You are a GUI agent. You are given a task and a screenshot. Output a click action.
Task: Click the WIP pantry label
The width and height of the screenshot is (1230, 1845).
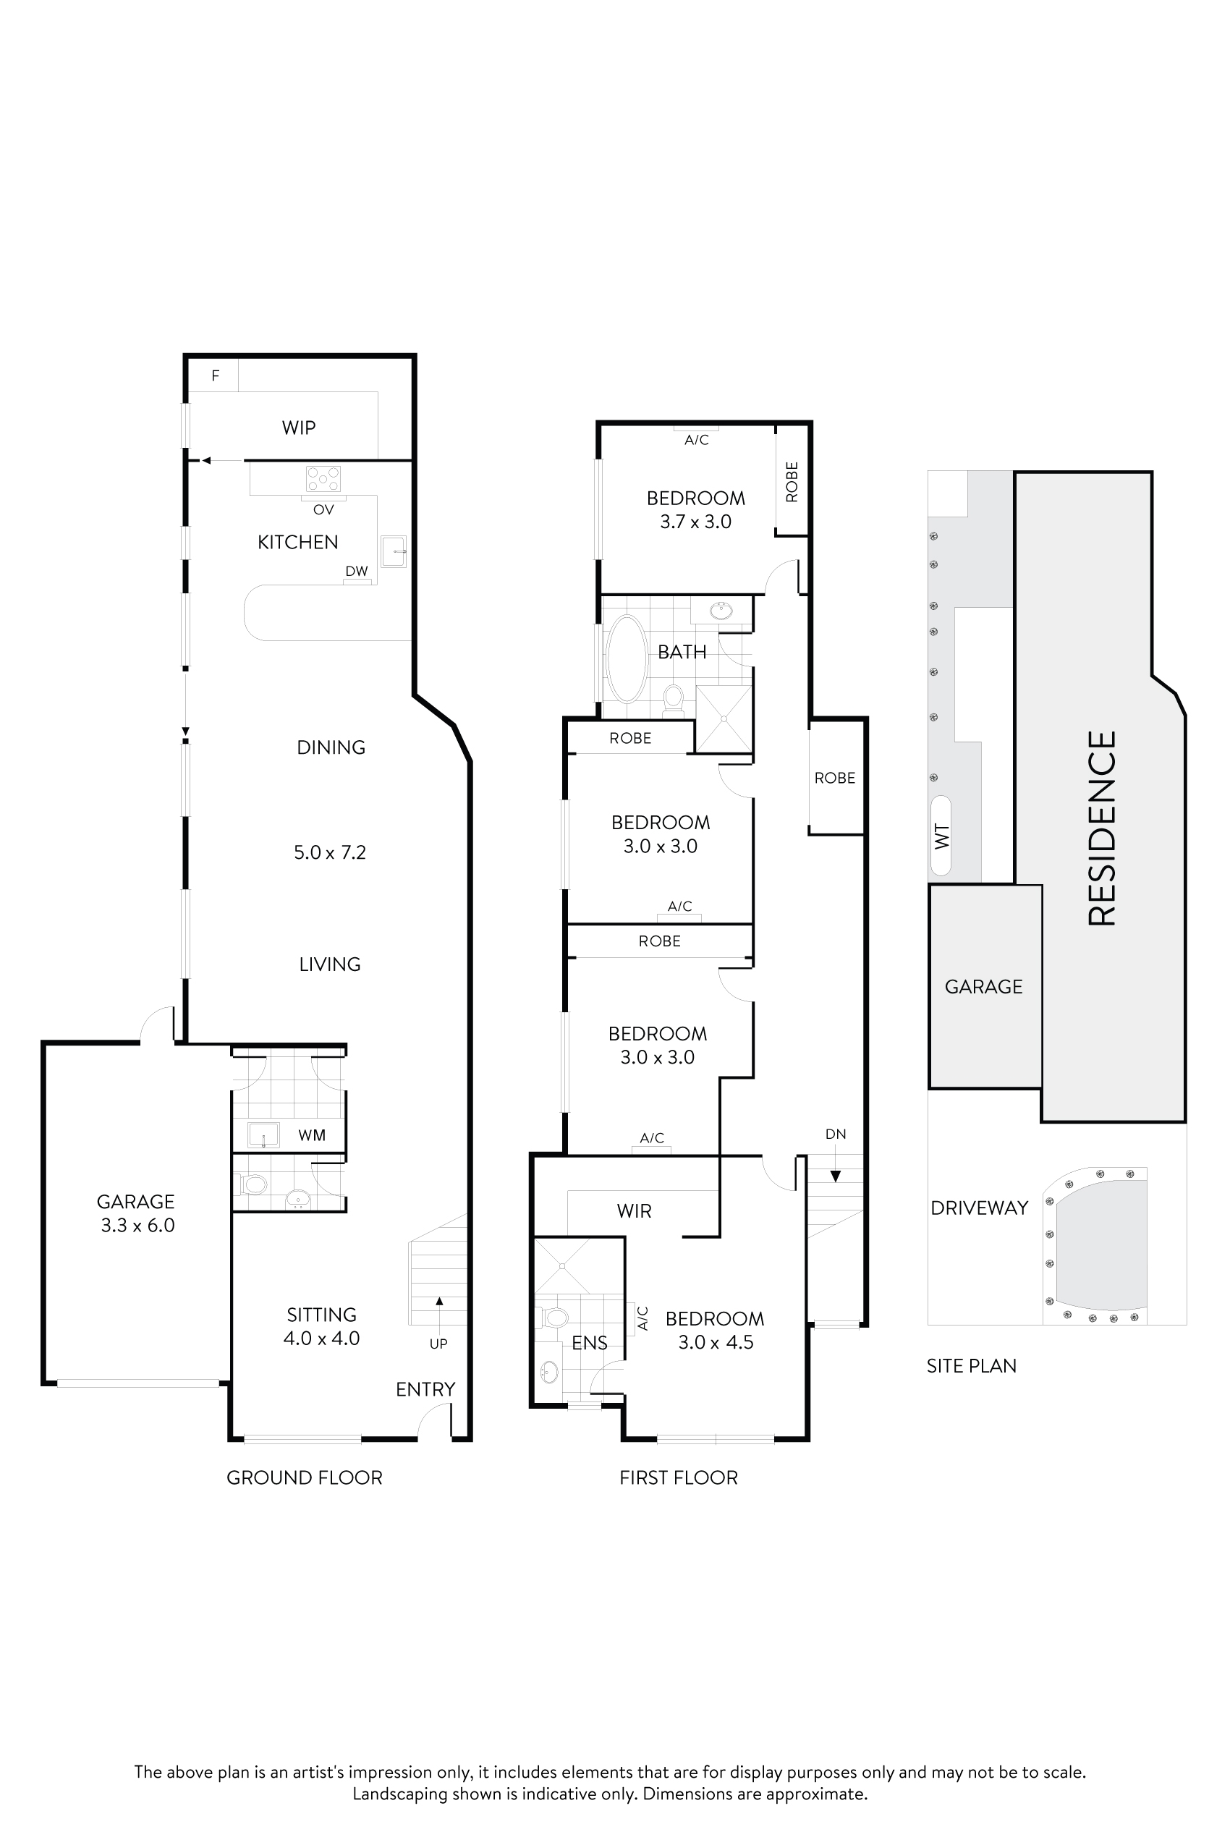tap(299, 428)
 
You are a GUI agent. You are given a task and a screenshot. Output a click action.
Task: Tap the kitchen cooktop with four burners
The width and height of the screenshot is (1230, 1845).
tap(323, 478)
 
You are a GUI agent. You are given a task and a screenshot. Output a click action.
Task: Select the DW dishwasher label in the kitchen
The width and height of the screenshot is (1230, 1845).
tap(356, 571)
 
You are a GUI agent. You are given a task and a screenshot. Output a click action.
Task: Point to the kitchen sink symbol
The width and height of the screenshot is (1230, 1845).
tap(393, 551)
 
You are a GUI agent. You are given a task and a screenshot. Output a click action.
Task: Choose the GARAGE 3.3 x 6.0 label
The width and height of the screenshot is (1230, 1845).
tap(137, 1213)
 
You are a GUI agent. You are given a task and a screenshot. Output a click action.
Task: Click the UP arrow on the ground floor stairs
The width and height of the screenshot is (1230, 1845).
tap(439, 1302)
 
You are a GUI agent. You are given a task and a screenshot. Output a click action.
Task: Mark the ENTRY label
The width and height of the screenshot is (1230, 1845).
tap(425, 1389)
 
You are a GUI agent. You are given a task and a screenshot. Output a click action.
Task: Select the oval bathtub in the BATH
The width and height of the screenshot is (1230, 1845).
tap(627, 658)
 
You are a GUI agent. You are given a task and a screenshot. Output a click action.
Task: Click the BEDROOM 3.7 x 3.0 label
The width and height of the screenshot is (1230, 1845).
tap(696, 509)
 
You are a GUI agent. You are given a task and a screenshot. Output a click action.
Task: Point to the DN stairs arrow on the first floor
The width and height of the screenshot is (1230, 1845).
tap(836, 1175)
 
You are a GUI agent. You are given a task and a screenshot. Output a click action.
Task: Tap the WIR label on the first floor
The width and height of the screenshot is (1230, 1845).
tap(634, 1210)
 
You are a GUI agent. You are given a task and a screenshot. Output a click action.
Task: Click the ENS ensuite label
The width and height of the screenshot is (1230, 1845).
tap(589, 1343)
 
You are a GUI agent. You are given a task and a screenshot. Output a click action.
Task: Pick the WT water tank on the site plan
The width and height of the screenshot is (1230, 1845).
tap(941, 836)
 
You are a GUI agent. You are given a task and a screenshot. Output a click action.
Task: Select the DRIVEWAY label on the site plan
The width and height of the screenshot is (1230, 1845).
tap(979, 1208)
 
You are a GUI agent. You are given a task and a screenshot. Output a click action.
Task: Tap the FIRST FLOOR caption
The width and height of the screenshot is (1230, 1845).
tap(679, 1478)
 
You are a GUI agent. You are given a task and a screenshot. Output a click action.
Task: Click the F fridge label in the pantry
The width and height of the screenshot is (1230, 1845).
tap(215, 376)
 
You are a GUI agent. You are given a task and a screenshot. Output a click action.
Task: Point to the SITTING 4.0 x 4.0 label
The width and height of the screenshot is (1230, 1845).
tap(322, 1326)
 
